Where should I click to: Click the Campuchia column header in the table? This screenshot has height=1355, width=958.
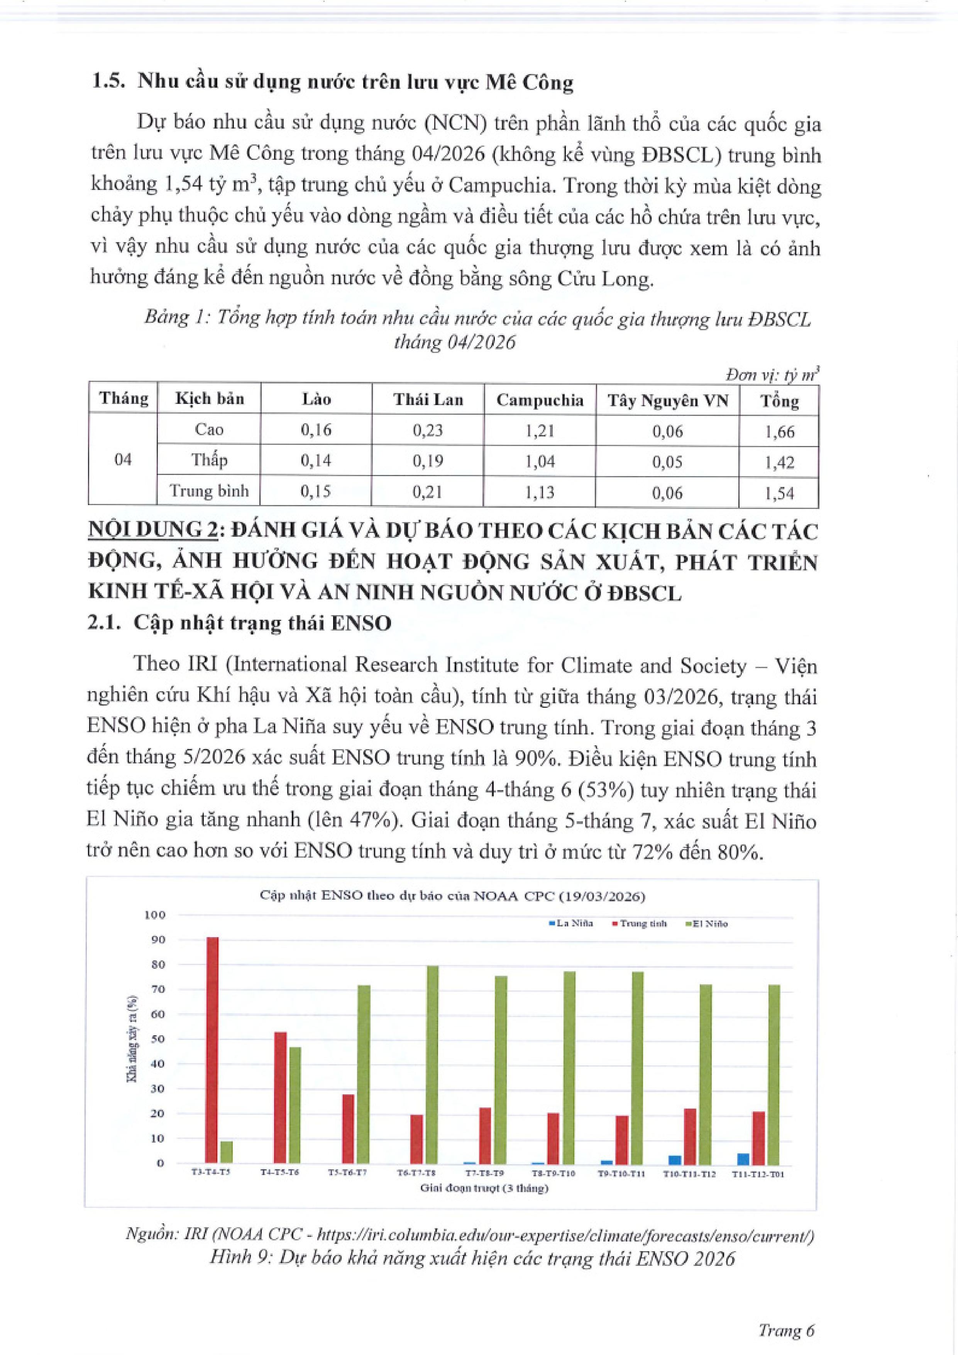(x=540, y=400)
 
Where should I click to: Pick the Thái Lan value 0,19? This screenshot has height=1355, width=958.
(x=428, y=461)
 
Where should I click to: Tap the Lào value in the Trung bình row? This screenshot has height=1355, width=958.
(x=316, y=492)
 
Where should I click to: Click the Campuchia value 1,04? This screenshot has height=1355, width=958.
(x=540, y=461)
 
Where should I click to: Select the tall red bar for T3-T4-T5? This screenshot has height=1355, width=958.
(x=212, y=1050)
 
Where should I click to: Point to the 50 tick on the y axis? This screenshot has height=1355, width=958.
(x=157, y=1039)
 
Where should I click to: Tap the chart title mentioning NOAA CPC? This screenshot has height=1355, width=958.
(x=452, y=896)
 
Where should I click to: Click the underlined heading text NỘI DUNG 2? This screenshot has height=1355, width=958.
(x=152, y=530)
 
